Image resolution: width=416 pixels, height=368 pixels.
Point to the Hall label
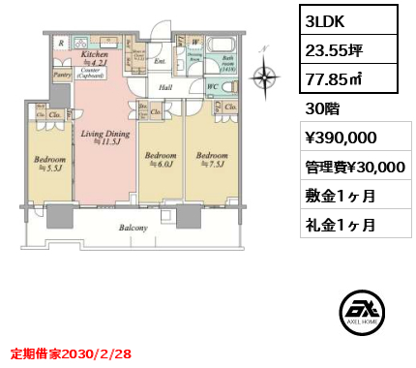pos(165,86)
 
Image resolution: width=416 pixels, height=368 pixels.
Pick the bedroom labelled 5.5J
pos(49,163)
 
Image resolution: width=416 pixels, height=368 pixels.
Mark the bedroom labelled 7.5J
pos(212,159)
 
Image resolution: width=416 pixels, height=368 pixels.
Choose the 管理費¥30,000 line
pos(348,167)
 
